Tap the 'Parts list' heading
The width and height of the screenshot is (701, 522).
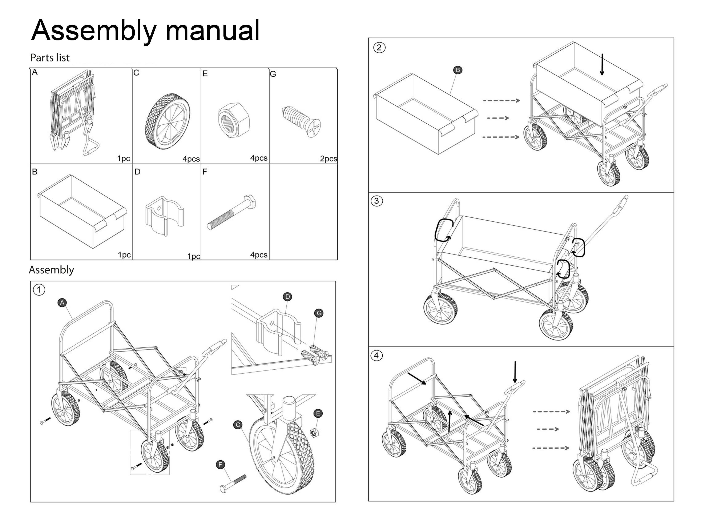[50, 58]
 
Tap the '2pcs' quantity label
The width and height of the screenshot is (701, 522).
[328, 159]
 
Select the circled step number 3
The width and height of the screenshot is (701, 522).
[376, 201]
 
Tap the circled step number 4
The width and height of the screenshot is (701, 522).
[376, 356]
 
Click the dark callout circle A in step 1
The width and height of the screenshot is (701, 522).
[62, 303]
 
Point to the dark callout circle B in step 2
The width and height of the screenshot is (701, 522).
[458, 70]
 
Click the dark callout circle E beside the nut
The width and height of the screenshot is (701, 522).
[318, 413]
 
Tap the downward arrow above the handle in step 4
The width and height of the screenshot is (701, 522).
[515, 372]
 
